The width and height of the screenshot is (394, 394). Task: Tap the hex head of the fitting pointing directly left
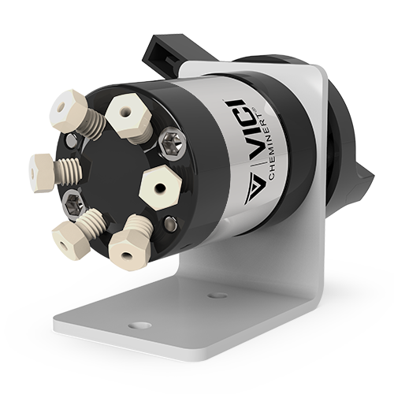click(41, 173)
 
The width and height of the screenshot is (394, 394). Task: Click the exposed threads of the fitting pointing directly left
click(69, 169)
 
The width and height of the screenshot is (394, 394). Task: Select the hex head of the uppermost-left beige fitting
click(69, 110)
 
